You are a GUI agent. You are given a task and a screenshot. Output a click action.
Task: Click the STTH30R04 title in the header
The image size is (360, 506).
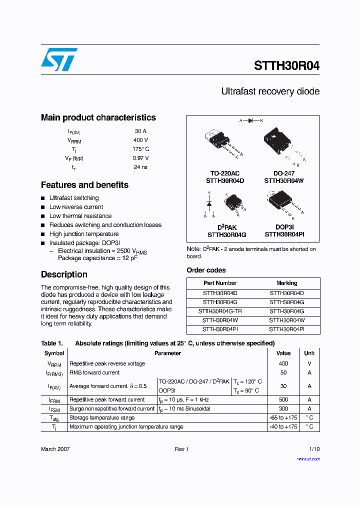point(286,65)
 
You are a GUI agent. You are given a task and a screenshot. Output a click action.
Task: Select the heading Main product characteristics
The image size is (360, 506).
point(98,117)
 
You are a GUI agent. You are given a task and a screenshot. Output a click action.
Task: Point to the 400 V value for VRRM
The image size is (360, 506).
point(140,140)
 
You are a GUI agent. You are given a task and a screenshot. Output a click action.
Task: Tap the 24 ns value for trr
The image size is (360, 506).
point(140,167)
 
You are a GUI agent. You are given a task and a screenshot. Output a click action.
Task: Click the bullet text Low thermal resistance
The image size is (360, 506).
point(80,216)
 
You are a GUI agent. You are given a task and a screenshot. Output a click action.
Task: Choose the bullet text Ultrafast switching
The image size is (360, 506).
point(74,198)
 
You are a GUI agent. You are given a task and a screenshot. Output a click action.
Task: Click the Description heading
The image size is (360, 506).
point(64,274)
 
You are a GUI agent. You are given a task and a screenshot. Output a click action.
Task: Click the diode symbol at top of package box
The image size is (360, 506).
point(251,120)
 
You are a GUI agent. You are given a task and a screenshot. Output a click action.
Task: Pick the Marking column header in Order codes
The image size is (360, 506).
point(286,283)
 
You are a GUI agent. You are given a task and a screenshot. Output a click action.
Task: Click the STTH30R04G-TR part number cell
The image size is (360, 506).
point(219,311)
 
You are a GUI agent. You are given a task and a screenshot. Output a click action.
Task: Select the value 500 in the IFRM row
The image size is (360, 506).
point(283,399)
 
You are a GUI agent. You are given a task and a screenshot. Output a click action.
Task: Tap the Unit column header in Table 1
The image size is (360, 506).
point(309,353)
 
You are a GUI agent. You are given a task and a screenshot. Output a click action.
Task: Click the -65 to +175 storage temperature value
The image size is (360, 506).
point(283,417)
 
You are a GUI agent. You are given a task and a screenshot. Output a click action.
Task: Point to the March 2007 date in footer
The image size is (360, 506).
point(55,449)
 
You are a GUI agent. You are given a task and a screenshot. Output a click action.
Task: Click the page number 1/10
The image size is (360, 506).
point(314,449)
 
